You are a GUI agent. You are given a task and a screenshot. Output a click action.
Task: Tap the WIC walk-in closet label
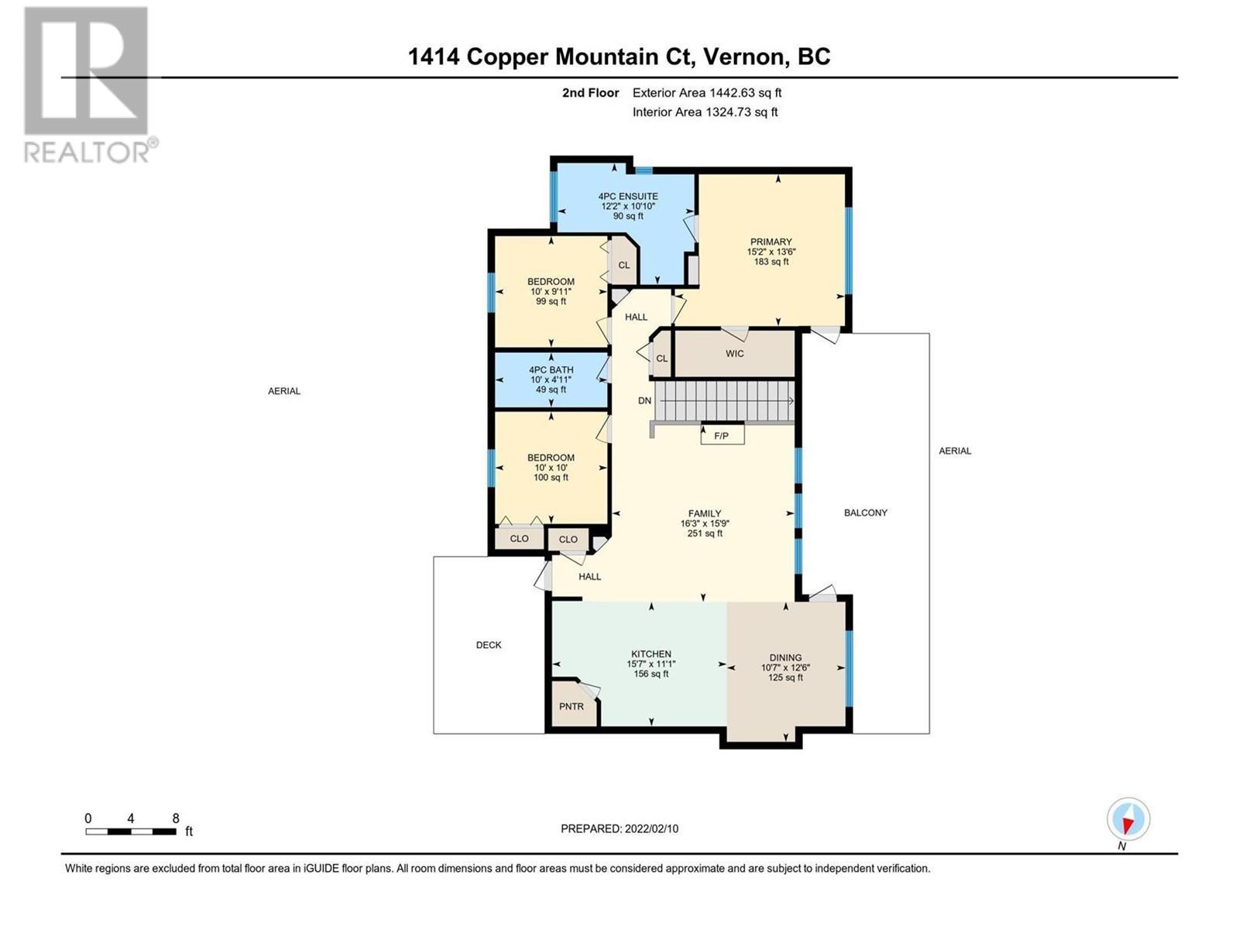(734, 354)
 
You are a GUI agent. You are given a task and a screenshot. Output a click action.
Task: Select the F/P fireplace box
(722, 435)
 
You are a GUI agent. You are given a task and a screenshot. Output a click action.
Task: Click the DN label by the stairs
(644, 400)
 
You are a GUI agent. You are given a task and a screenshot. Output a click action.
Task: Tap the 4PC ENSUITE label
(628, 197)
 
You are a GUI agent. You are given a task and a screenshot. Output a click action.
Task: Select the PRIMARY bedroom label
(771, 242)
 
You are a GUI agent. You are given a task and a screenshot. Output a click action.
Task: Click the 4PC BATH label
(551, 370)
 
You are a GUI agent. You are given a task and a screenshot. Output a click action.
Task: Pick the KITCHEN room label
(650, 653)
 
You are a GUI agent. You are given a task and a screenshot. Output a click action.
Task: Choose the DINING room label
(785, 658)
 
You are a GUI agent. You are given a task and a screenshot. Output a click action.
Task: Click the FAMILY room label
(705, 513)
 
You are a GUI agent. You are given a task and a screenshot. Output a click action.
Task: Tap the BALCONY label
(865, 512)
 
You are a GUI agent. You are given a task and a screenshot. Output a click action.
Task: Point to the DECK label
(489, 645)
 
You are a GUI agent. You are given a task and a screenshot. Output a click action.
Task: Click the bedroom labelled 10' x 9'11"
(551, 291)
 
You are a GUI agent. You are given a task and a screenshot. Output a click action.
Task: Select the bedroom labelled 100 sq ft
(551, 468)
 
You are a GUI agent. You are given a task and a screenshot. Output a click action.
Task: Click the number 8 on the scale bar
(176, 818)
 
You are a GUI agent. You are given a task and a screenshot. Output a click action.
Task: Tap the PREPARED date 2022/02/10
(650, 828)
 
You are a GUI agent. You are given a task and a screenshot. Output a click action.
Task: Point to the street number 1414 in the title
(434, 57)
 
